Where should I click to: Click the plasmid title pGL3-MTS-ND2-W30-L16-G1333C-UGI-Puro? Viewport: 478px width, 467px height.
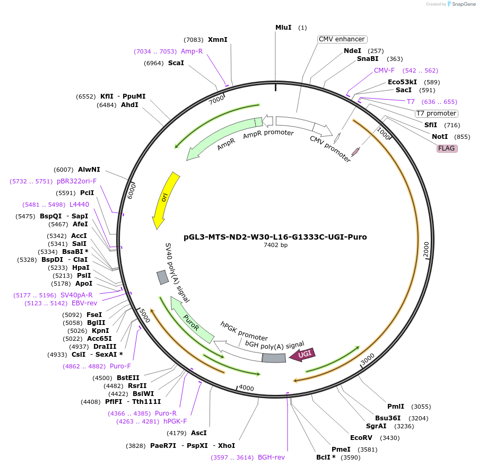tap(275, 237)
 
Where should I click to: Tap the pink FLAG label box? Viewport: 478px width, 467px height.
tap(446, 148)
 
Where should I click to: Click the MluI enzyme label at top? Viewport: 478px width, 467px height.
tap(283, 27)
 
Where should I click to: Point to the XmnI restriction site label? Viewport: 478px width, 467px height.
tap(218, 40)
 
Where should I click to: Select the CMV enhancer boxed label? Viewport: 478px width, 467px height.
tap(342, 39)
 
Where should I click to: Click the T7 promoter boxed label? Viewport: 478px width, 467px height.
tap(436, 113)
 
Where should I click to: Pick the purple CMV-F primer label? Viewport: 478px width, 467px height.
tap(384, 71)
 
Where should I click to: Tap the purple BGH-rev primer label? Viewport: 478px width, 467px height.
tap(271, 457)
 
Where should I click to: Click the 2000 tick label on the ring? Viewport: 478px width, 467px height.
tap(426, 251)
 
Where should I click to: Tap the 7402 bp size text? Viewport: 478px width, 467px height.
tap(275, 245)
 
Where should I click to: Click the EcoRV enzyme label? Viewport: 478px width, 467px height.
tap(361, 438)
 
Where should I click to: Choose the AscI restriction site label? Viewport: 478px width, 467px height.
tap(199, 433)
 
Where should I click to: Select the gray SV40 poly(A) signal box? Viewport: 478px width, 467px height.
tap(162, 277)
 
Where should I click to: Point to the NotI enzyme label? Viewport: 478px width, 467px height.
tap(440, 137)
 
